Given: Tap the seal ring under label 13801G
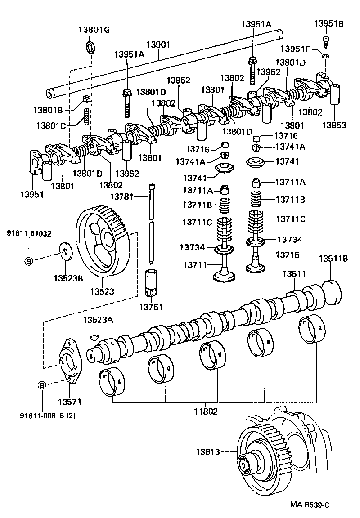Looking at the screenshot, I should (91, 47).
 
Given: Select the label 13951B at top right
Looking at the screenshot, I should (328, 24).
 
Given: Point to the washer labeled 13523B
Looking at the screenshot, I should (66, 251).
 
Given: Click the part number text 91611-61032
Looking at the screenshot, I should (29, 233).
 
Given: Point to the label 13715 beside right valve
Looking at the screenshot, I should (288, 255).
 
